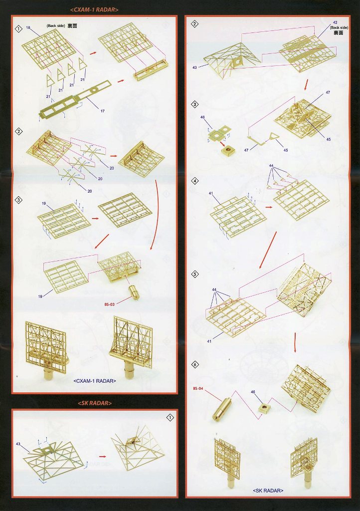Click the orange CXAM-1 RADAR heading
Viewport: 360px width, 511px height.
point(94,10)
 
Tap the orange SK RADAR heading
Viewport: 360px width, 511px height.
point(95,403)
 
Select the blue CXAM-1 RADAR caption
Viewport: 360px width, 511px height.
point(95,381)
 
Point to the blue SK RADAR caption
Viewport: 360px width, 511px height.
point(268,491)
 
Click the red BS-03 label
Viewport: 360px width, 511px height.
point(109,304)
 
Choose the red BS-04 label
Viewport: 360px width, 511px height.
point(198,388)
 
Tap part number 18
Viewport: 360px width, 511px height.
point(28,28)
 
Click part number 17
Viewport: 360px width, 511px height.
point(103,111)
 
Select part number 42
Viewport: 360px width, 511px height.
point(335,22)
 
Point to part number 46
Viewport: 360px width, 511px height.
point(202,117)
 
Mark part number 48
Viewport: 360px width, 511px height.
point(253,392)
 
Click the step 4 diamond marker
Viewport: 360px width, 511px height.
point(194,181)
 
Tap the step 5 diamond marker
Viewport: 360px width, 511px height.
point(195,274)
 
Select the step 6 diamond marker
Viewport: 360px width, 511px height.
point(195,365)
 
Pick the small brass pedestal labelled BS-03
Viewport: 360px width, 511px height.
point(134,291)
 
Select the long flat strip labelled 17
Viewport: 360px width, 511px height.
point(75,100)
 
